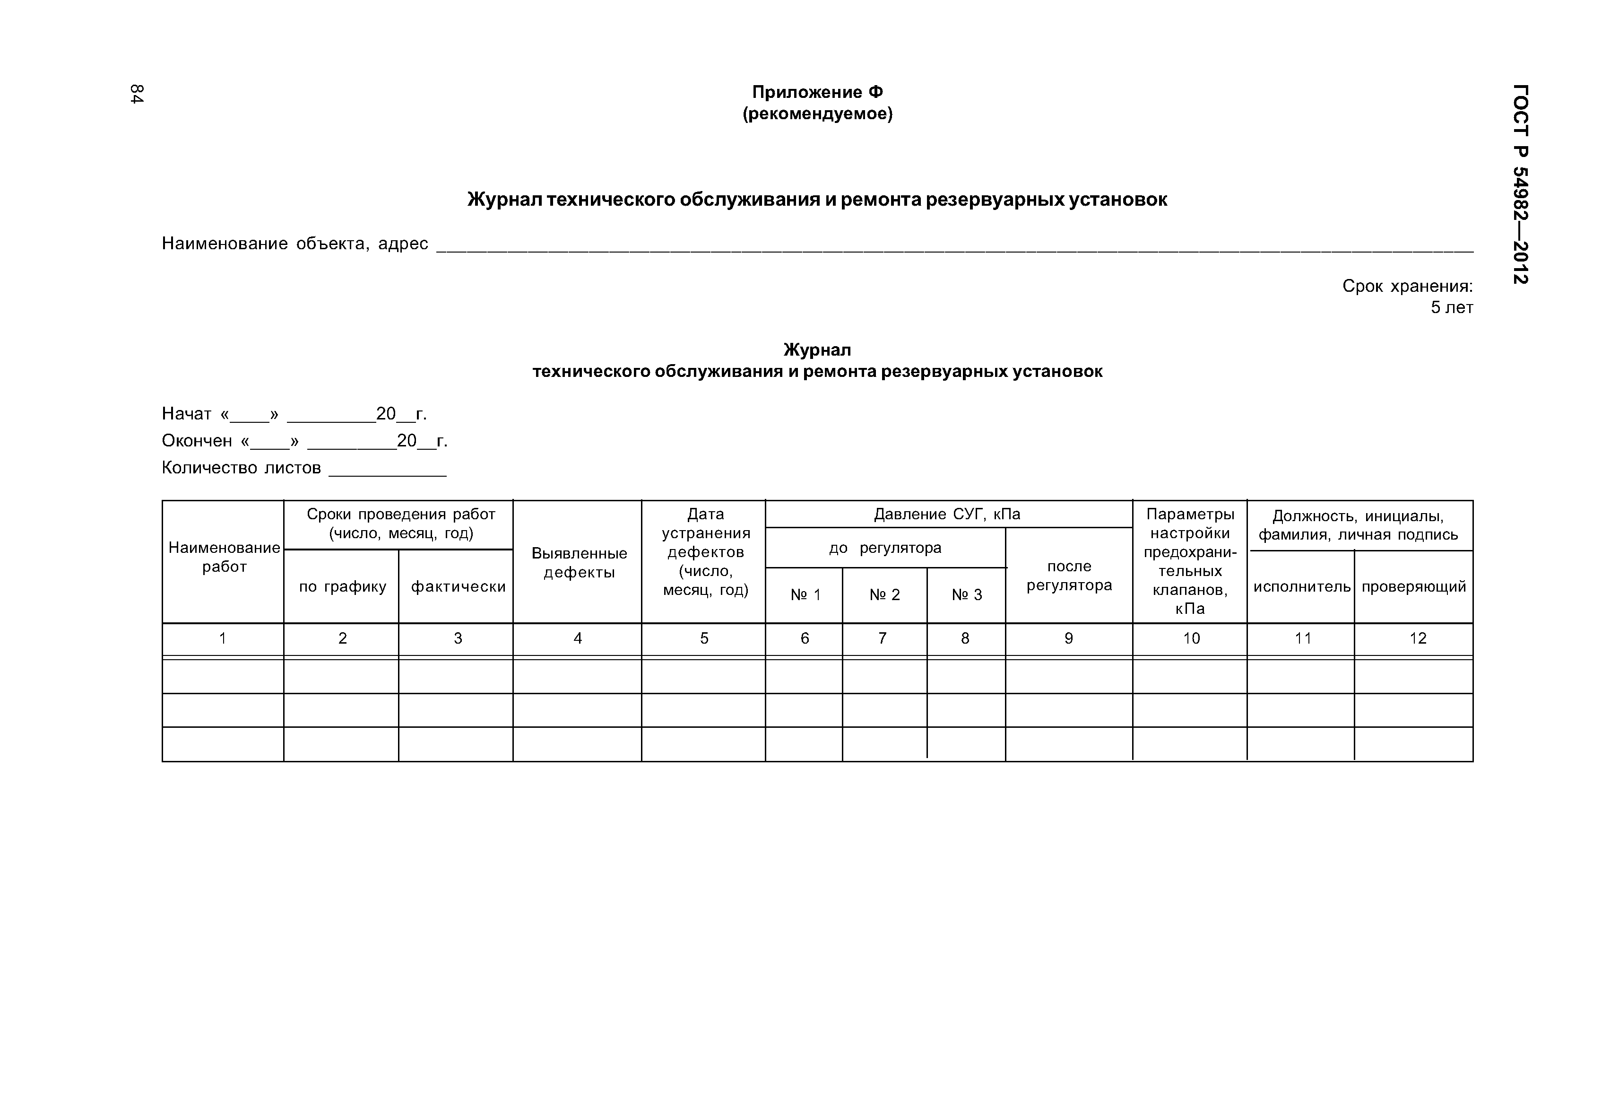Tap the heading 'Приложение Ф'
[x=817, y=92]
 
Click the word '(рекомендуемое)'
[x=817, y=113]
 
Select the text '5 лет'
[x=1452, y=308]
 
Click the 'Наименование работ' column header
[x=224, y=557]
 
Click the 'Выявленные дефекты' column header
[x=579, y=563]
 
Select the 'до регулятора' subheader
[x=885, y=548]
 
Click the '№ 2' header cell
[x=884, y=595]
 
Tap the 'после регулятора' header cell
[x=1069, y=576]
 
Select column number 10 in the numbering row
[x=1191, y=638]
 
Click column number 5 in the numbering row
[x=704, y=638]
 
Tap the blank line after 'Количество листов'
[x=388, y=473]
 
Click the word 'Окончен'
[x=197, y=441]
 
